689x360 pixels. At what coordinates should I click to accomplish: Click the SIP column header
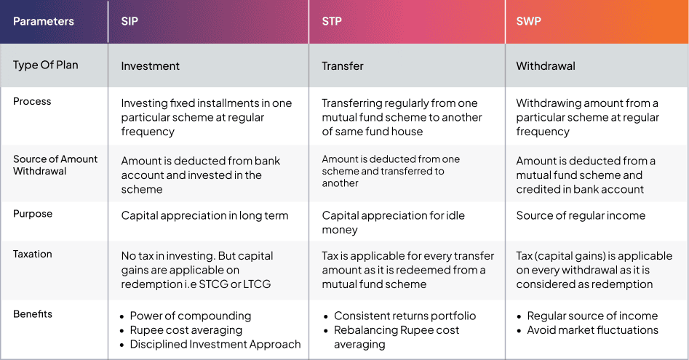130,21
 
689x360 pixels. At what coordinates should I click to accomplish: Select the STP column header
332,21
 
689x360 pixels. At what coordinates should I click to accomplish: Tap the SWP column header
529,21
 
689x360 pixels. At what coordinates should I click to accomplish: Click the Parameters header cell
44,21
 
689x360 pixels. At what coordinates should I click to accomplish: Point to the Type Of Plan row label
46,65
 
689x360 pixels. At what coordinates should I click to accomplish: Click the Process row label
32,101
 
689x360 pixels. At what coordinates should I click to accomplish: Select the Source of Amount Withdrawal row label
55,165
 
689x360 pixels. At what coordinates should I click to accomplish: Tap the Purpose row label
33,214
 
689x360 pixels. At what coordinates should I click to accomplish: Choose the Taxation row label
33,254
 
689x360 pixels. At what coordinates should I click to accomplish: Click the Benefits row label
33,314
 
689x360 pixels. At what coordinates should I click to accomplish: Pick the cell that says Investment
151,66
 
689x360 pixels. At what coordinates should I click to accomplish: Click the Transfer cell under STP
343,66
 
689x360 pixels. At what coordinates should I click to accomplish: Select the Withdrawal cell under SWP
546,66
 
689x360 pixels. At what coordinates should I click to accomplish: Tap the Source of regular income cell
581,215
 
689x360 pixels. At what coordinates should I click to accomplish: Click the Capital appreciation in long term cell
204,215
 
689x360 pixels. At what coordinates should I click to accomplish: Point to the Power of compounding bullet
191,316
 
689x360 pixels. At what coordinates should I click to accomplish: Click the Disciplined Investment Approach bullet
215,344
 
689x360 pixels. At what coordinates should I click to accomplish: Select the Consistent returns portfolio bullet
405,316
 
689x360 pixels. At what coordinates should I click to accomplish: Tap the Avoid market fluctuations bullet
593,330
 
